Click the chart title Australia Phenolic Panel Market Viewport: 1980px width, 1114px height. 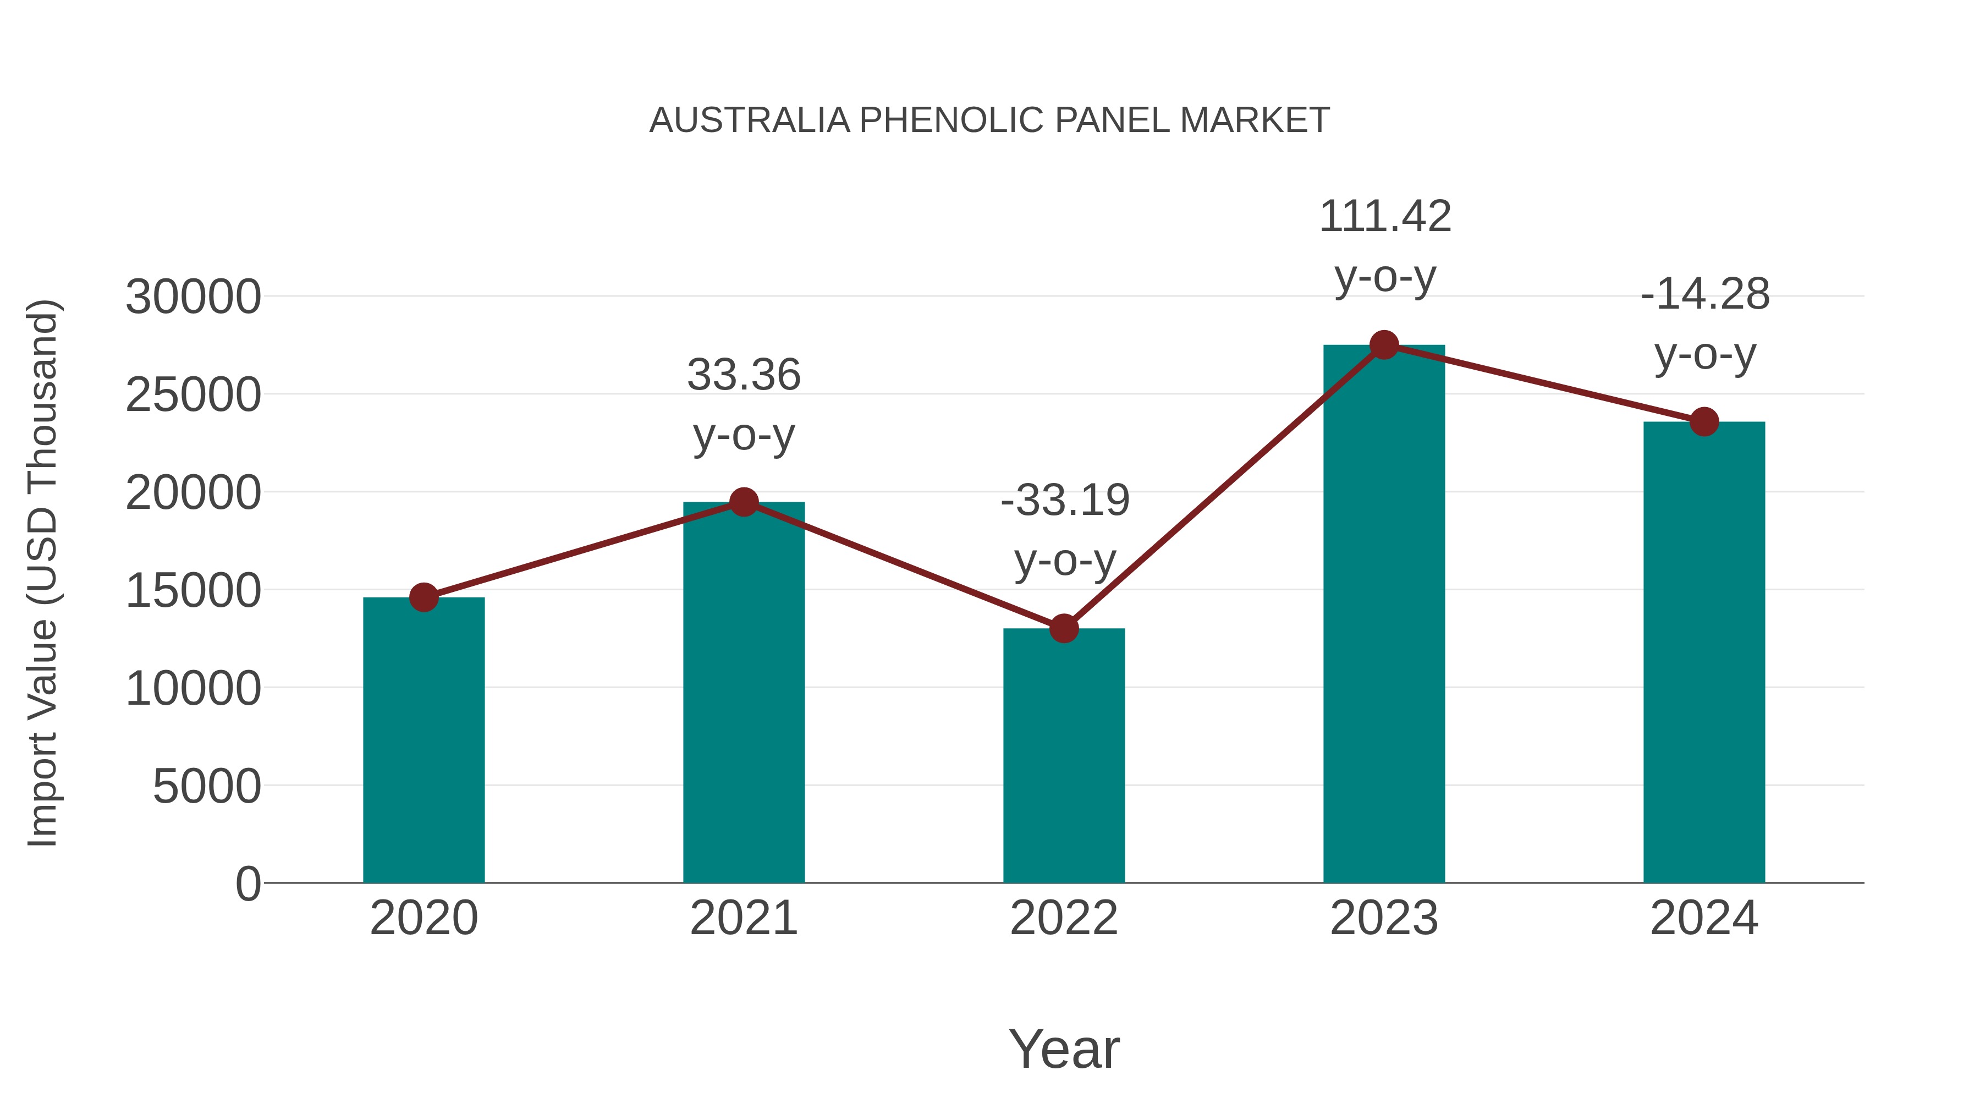click(x=989, y=120)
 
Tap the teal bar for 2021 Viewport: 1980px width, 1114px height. click(x=743, y=692)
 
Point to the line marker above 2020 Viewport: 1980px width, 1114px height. click(x=424, y=597)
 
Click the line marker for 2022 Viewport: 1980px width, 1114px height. click(x=1064, y=629)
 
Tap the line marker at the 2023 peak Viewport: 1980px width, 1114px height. click(x=1384, y=345)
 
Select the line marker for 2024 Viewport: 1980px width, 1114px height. click(x=1704, y=421)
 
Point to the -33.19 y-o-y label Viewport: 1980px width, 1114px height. click(x=1065, y=530)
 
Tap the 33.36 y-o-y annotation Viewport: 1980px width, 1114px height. click(x=743, y=404)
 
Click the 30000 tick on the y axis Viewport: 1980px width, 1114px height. click(x=193, y=297)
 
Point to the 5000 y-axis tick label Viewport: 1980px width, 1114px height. click(x=207, y=787)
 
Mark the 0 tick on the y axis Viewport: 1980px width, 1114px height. click(x=248, y=884)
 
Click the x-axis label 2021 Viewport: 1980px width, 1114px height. click(x=743, y=918)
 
